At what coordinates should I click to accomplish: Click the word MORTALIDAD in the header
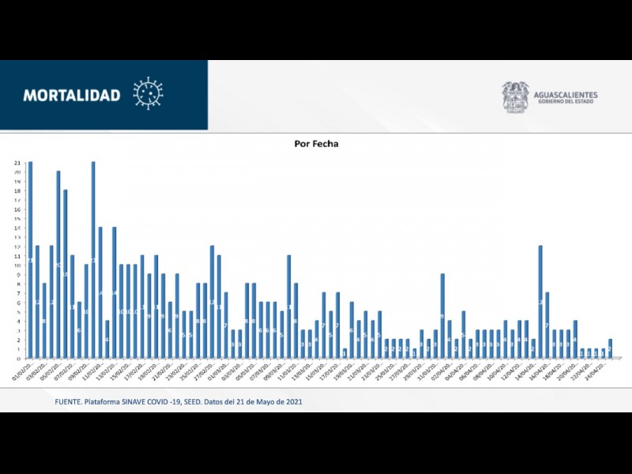[x=72, y=96]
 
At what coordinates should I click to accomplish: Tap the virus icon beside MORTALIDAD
[x=148, y=93]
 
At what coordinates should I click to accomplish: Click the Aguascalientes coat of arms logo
[x=515, y=97]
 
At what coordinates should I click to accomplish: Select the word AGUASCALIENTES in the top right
[x=566, y=95]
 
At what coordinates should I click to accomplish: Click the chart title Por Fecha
[x=315, y=145]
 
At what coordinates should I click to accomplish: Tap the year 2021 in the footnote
[x=293, y=402]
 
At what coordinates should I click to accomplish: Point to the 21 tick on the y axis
[x=17, y=163]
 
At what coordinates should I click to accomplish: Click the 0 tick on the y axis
[x=17, y=359]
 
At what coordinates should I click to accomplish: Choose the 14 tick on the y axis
[x=17, y=228]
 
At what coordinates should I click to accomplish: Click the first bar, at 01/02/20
[x=30, y=261]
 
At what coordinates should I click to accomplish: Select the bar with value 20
[x=58, y=265]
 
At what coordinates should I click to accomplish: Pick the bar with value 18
[x=66, y=274]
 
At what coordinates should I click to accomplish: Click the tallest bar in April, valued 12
[x=540, y=302]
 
